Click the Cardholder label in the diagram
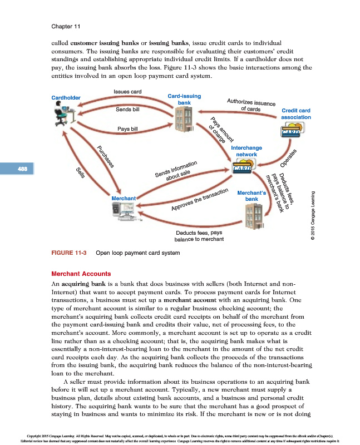[66, 98]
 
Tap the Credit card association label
[295, 114]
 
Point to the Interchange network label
[246, 151]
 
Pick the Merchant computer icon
[124, 211]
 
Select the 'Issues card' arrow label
[127, 91]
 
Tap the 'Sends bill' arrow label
[127, 110]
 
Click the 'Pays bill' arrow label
[127, 129]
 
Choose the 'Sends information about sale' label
[177, 171]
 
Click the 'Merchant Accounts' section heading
[80, 274]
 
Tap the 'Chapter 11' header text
[66, 26]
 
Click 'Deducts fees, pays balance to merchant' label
[199, 236]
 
